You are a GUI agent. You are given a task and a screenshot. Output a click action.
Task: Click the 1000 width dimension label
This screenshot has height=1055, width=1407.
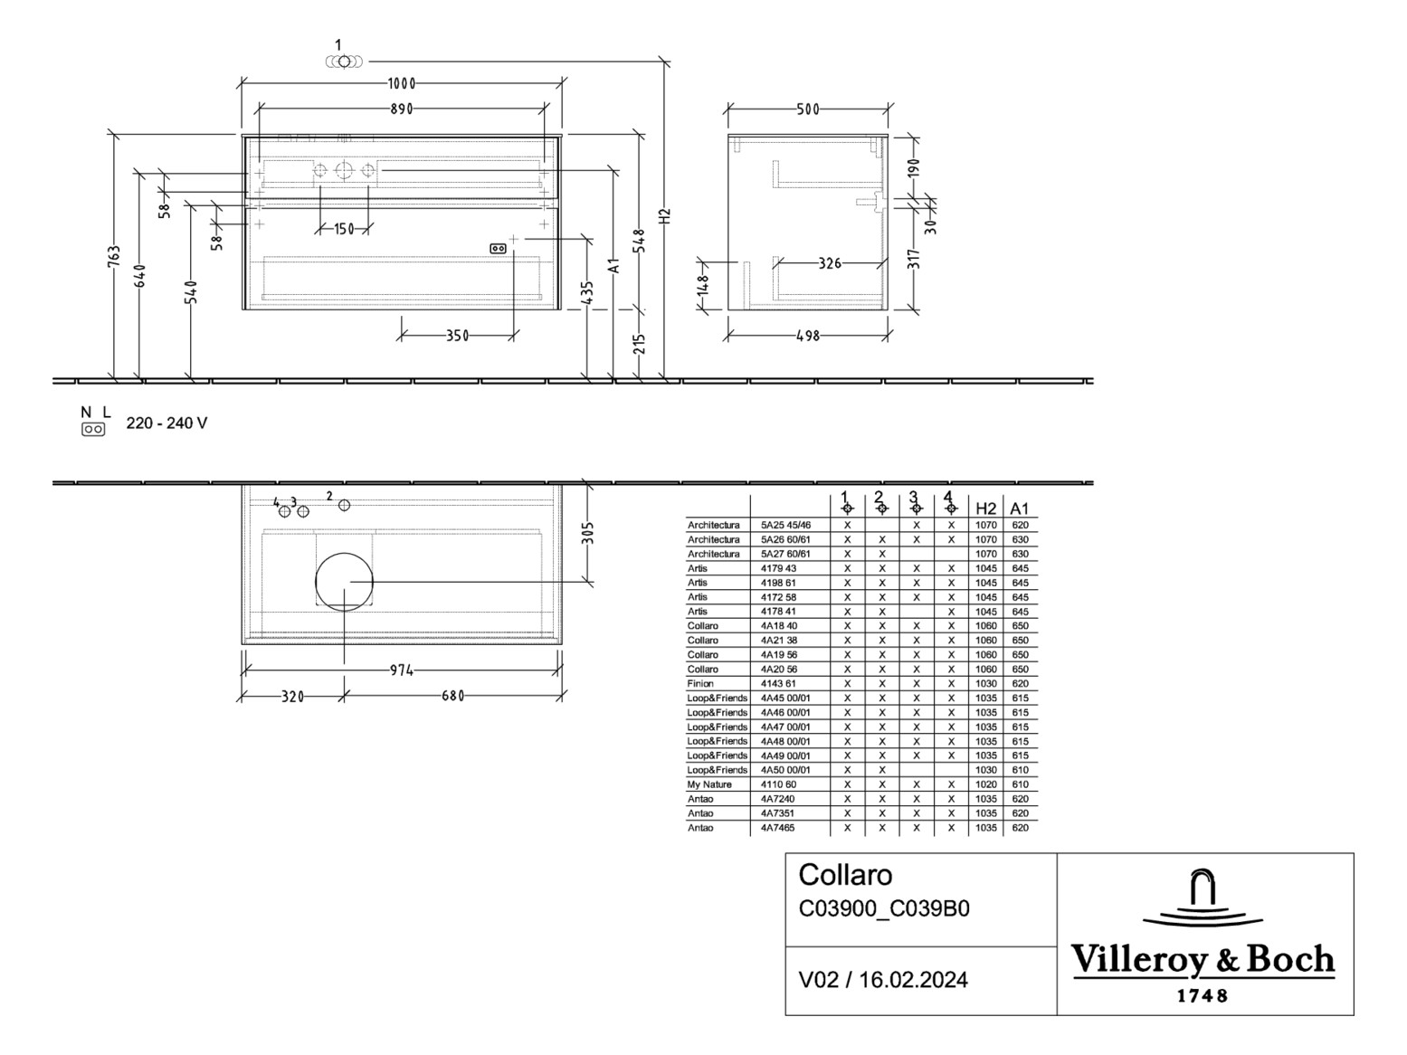point(401,84)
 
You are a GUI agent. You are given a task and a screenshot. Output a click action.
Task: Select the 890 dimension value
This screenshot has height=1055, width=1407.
point(401,109)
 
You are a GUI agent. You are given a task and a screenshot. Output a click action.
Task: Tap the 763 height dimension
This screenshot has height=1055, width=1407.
point(114,263)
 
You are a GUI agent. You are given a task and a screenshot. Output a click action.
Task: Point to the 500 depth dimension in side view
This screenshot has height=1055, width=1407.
point(807,109)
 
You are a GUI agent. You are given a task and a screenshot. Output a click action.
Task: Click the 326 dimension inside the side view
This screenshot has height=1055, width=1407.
point(829,264)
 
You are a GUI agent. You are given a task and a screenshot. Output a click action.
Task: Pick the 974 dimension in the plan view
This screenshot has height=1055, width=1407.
point(401,670)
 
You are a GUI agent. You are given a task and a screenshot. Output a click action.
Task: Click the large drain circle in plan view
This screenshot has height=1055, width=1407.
point(344,581)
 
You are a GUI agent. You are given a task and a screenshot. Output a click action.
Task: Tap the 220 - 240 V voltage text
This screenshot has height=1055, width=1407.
point(166,423)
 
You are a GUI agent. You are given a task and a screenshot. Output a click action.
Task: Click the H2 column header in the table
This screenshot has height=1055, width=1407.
point(985,508)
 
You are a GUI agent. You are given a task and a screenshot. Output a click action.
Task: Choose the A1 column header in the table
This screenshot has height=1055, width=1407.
point(1020,508)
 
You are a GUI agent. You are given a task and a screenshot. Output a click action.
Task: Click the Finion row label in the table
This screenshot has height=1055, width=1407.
point(700,684)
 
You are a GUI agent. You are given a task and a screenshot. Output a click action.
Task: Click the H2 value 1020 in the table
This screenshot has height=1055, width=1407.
point(985,784)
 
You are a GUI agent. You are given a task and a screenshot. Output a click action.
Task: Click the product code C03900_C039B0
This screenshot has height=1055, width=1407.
point(884,908)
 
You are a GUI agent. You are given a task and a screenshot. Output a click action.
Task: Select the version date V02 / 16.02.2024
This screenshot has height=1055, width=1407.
point(883,980)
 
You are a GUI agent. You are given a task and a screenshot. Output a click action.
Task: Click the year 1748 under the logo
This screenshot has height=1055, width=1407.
point(1203,996)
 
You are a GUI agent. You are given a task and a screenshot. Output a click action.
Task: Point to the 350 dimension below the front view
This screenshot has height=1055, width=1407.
point(457,337)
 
